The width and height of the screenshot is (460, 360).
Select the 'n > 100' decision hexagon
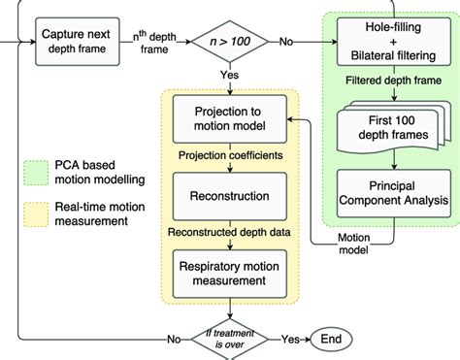pyautogui.click(x=230, y=43)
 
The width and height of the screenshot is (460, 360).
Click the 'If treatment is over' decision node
pyautogui.click(x=230, y=339)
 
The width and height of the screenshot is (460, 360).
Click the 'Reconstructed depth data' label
pyautogui.click(x=230, y=233)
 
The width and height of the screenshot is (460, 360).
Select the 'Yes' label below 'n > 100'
pyautogui.click(x=230, y=76)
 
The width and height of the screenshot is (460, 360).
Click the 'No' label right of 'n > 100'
pyautogui.click(x=286, y=43)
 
